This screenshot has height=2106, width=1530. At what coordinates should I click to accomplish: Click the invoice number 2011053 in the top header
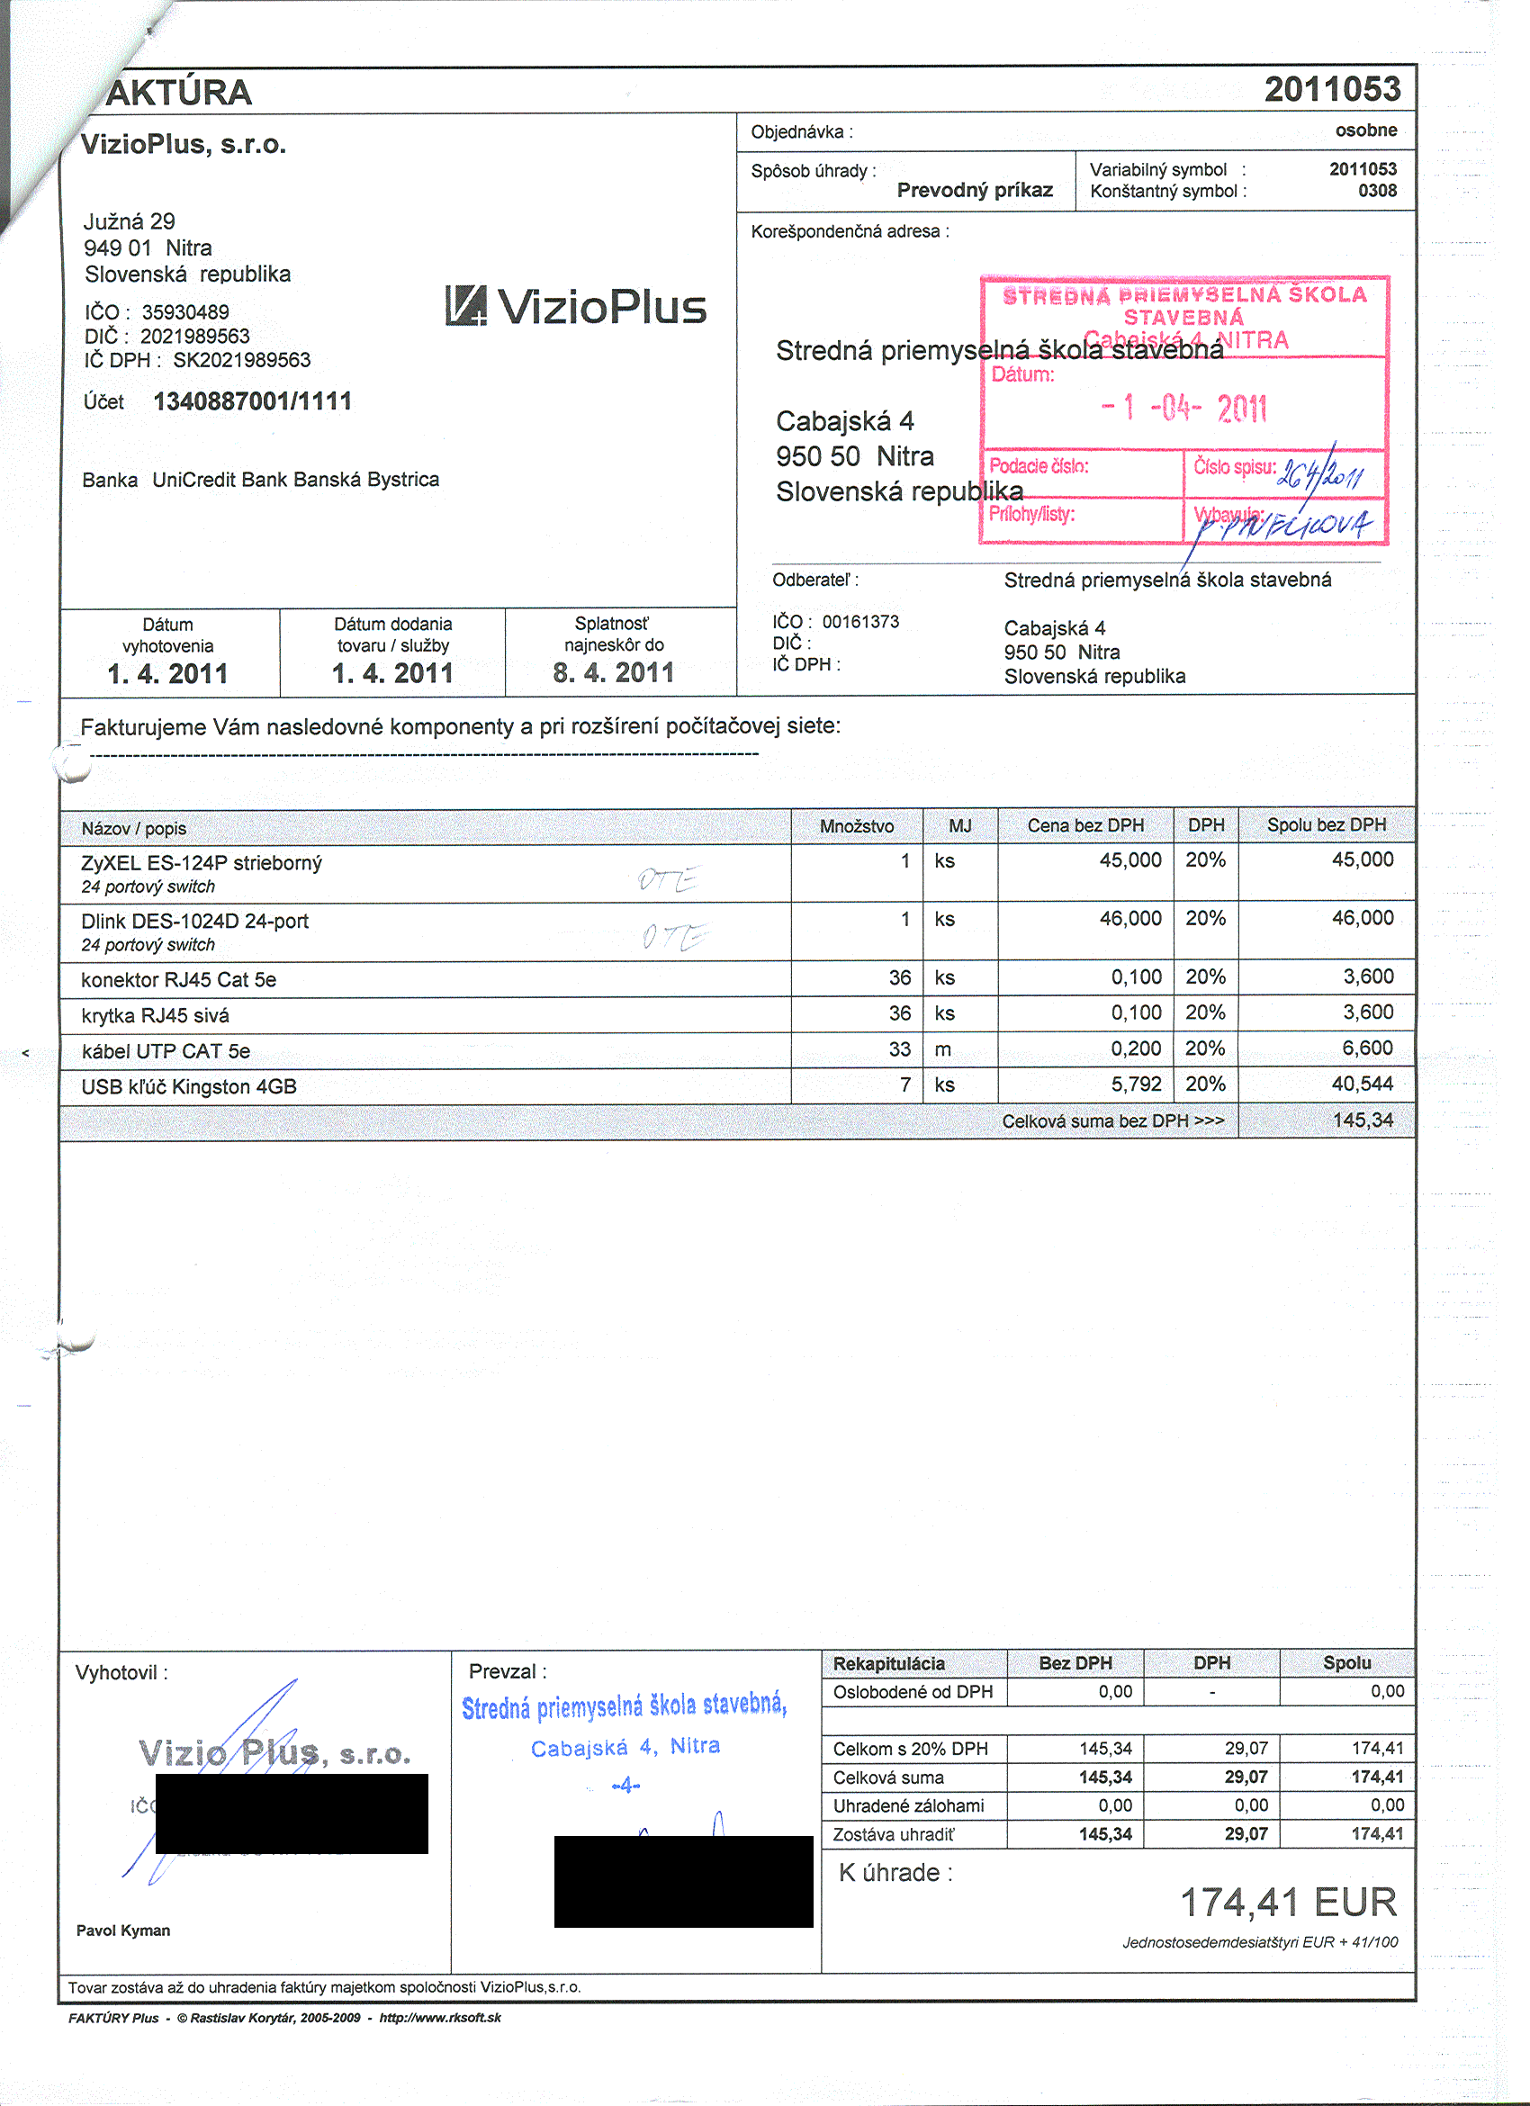coord(1331,90)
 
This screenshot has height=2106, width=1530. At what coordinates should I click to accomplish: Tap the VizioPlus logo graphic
coord(576,306)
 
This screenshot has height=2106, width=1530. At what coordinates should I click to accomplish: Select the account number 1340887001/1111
coord(253,402)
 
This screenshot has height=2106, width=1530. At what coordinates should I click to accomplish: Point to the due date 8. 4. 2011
coord(613,673)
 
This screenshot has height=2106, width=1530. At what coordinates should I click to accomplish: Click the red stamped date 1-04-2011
coord(1183,408)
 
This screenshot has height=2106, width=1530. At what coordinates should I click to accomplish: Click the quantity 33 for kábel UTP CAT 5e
coord(899,1049)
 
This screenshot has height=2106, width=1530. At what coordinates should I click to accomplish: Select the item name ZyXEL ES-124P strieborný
coord(202,862)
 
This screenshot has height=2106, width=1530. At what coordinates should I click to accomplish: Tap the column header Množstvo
coord(856,825)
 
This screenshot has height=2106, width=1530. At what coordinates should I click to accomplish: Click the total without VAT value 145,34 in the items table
coord(1362,1120)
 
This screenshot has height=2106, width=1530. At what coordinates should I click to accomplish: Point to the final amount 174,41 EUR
coord(1288,1903)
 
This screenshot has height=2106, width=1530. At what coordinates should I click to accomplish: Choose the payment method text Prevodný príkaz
coord(974,191)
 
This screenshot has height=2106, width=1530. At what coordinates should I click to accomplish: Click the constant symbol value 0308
coord(1377,192)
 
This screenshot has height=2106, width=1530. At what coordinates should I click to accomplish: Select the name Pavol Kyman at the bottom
coord(123,1930)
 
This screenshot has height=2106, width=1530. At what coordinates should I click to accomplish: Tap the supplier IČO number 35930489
coord(184,312)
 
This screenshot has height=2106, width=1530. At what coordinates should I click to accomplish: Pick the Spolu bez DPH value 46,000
coord(1362,918)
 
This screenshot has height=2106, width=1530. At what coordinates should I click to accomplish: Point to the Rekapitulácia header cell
coord(888,1663)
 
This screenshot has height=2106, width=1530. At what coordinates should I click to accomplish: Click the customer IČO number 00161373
coord(859,622)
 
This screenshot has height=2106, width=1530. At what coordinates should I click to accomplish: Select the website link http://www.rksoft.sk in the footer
coord(440,2018)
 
